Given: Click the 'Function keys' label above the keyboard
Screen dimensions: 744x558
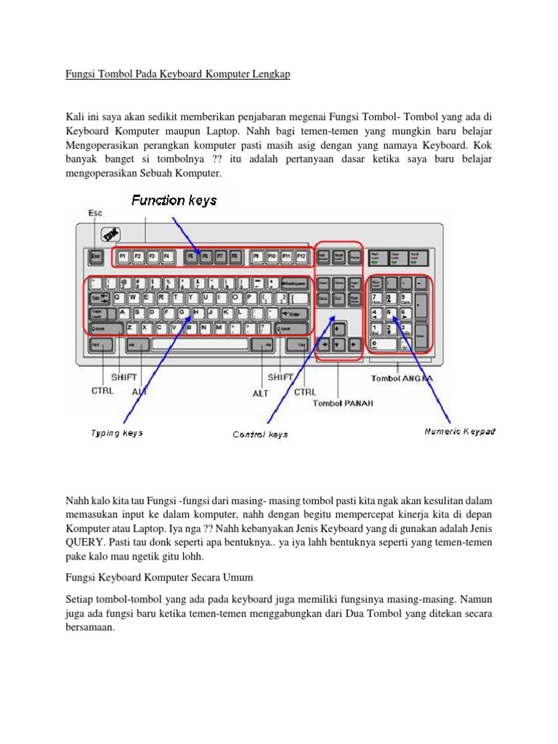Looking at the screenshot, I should [x=174, y=200].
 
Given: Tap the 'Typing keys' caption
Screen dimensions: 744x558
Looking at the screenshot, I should [x=116, y=433].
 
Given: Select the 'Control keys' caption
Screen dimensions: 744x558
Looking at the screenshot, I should [x=260, y=434].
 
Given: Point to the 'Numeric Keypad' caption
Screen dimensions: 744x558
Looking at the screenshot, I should [x=460, y=432].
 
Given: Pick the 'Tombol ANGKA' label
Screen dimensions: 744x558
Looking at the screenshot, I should [x=403, y=378].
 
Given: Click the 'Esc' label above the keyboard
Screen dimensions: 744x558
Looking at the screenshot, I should [x=95, y=213].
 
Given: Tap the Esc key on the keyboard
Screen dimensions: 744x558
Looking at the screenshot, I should [x=96, y=256].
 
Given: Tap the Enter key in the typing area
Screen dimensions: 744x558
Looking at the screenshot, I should [x=294, y=313].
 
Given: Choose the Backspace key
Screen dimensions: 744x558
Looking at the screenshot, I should [x=294, y=282].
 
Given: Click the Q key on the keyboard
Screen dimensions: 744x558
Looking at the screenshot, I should [x=118, y=297].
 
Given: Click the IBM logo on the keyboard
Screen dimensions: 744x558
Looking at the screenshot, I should [x=111, y=235].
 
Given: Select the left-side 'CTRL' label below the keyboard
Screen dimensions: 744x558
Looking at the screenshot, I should [x=102, y=390].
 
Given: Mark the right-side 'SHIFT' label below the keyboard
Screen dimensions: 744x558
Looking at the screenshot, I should [x=280, y=377].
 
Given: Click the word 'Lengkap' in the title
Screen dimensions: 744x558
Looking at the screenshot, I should [x=270, y=76].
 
